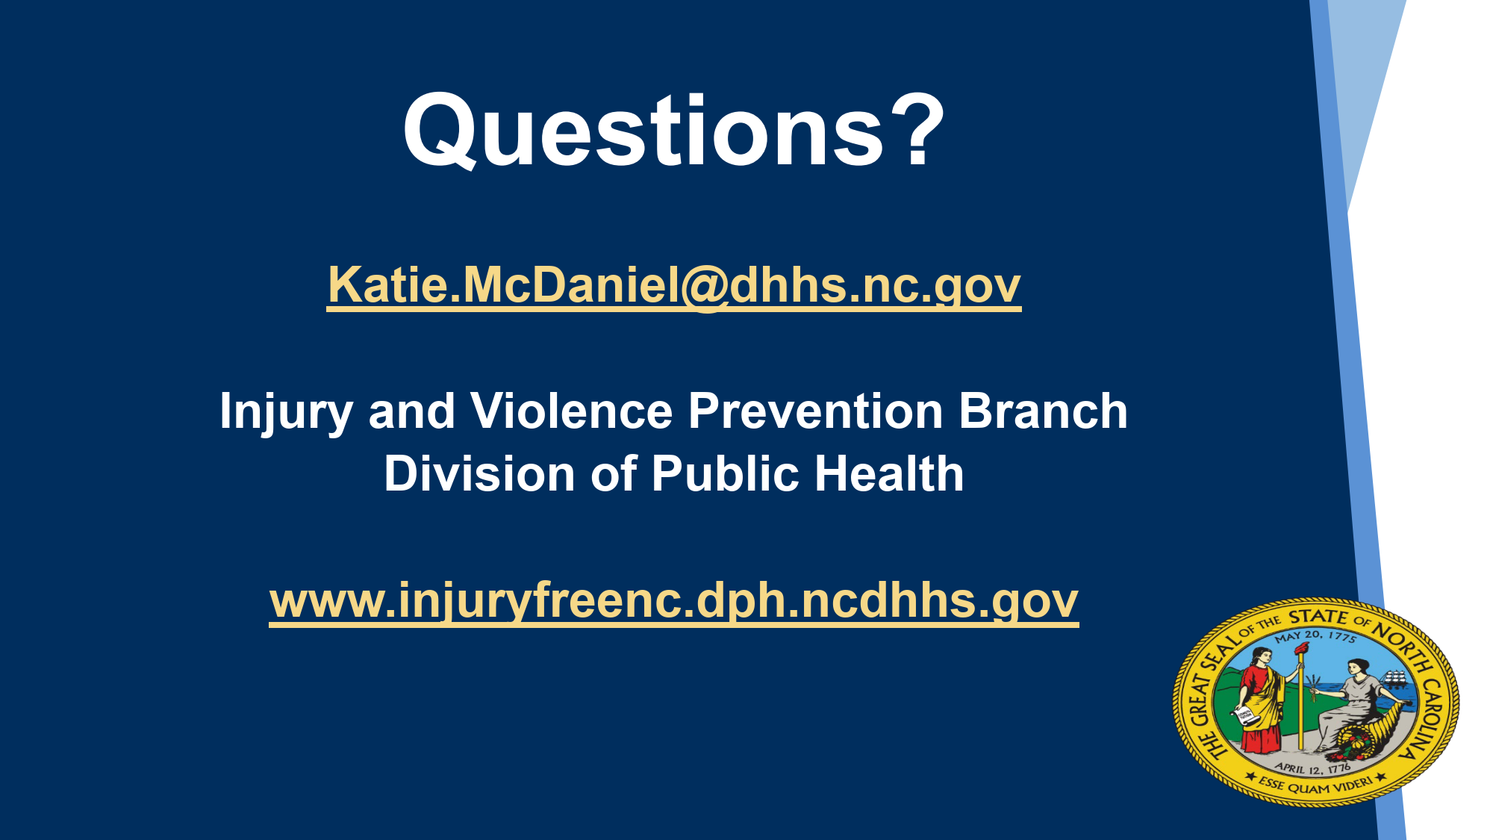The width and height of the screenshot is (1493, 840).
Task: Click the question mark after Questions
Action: [x=916, y=130]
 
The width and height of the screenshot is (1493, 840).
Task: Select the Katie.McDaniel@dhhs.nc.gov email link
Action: [x=674, y=285]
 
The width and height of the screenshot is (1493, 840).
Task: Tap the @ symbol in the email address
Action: [x=704, y=287]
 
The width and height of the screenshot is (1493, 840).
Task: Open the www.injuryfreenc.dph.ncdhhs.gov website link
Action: [x=674, y=601]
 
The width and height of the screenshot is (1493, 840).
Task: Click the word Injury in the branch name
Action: [x=286, y=413]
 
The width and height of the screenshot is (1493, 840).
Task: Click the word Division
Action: [x=479, y=474]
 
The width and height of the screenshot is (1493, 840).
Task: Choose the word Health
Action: [x=889, y=474]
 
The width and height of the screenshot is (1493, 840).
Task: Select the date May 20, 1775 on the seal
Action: [x=1315, y=636]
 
